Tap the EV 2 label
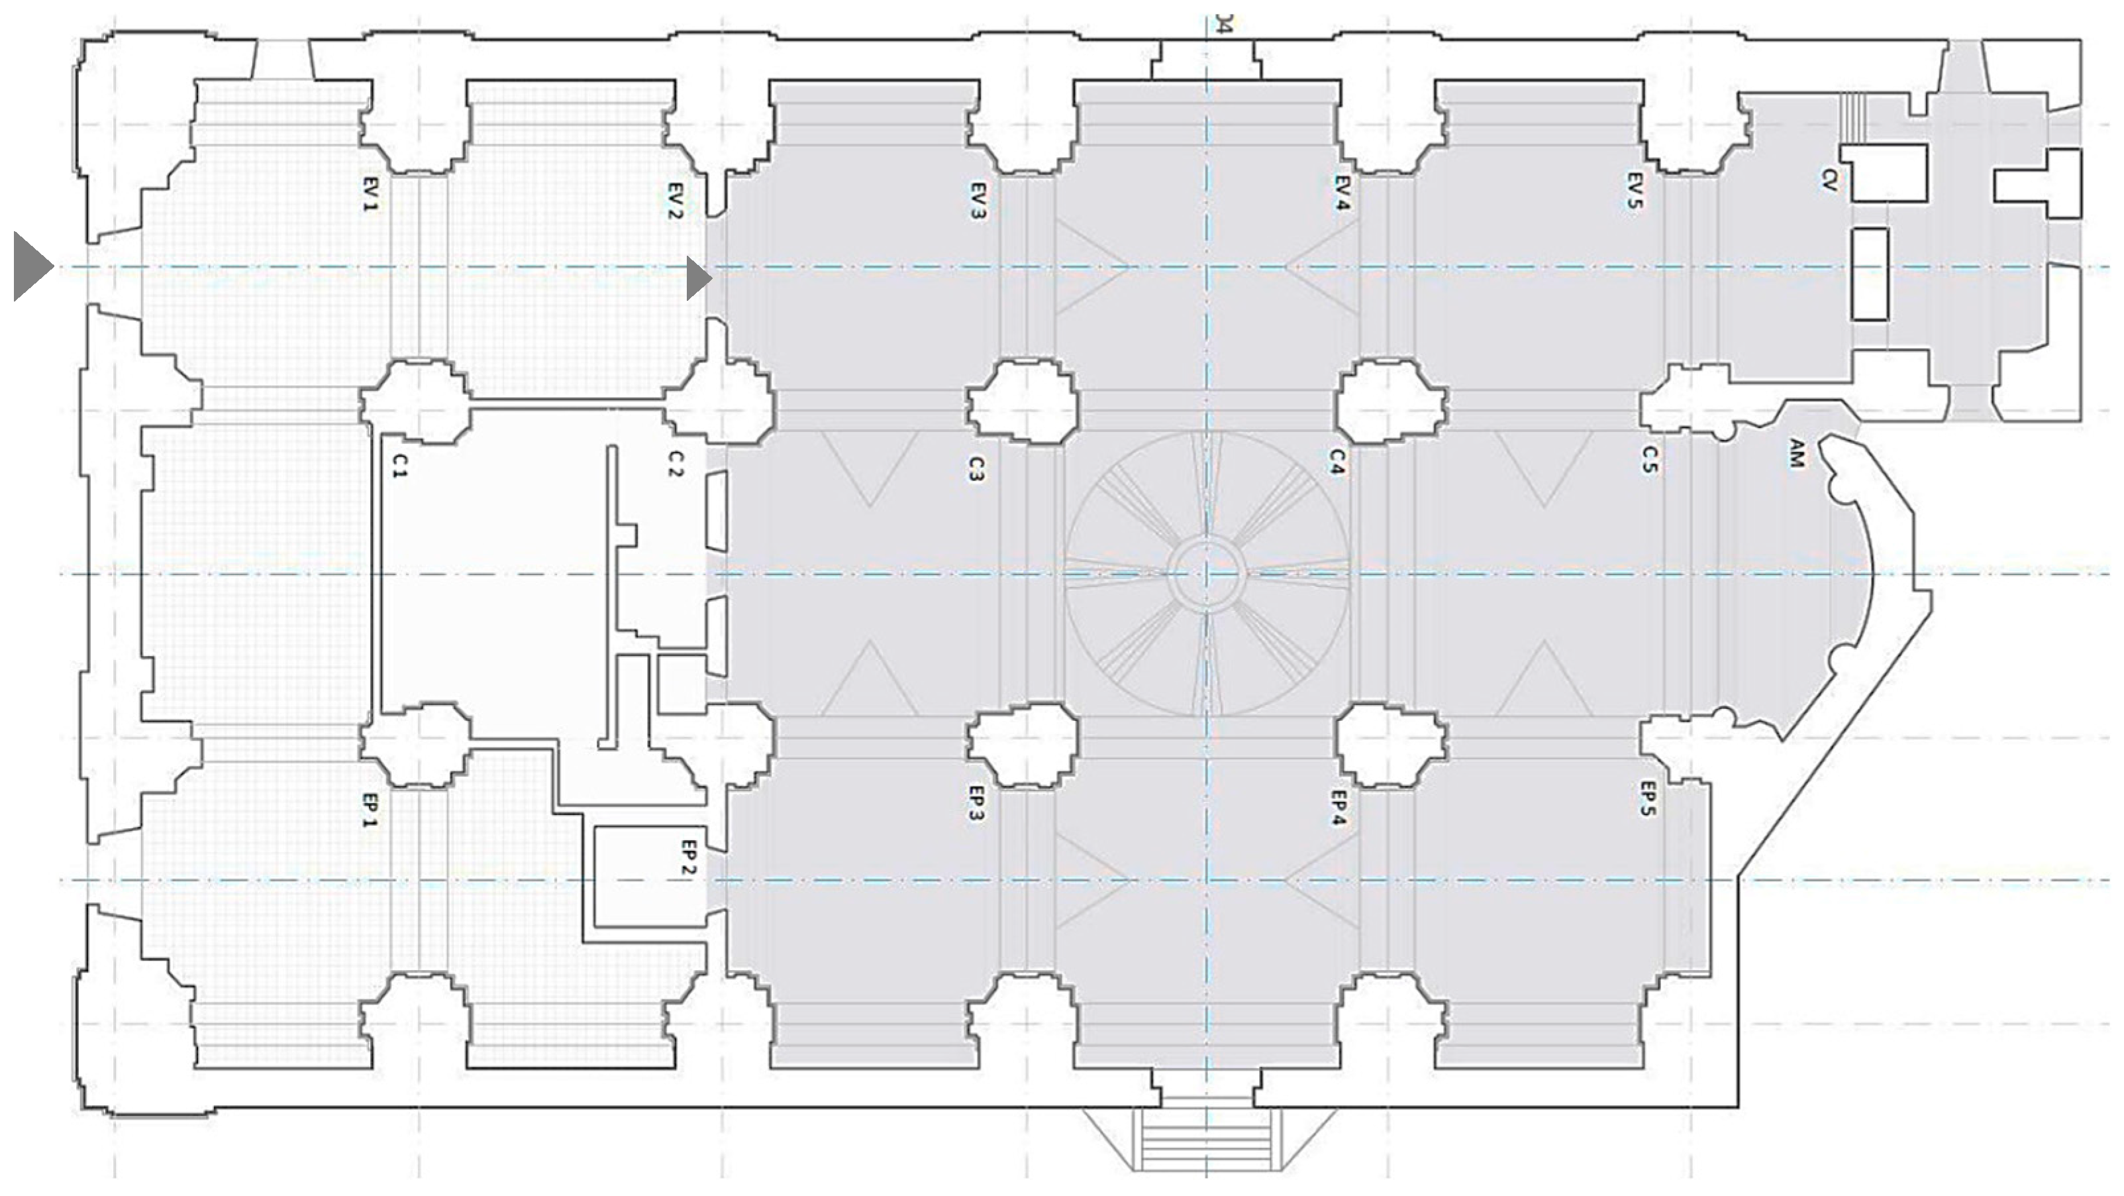point(674,200)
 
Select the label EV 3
point(978,200)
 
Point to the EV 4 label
point(1340,192)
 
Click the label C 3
point(976,468)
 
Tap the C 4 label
point(1337,462)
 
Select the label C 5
point(1648,461)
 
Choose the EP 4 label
point(1339,808)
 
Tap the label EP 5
point(1646,799)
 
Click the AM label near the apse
point(1797,455)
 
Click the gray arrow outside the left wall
point(34,266)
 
